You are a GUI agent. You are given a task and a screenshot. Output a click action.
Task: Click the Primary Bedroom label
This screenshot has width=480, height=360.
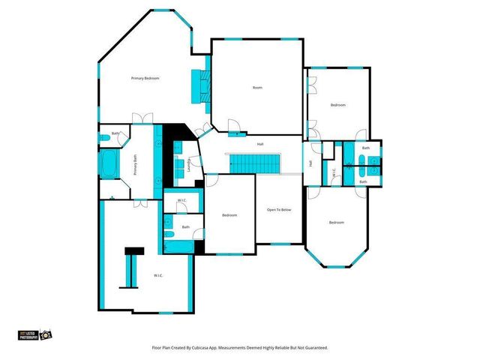click(145, 78)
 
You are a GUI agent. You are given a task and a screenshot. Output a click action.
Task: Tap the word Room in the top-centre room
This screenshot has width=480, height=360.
click(257, 88)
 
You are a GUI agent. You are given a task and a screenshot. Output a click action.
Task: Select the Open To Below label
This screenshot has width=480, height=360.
click(279, 209)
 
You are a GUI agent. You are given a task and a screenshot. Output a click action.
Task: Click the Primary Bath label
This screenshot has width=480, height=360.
click(135, 165)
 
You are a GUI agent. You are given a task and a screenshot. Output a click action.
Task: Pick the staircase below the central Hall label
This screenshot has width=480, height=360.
click(253, 163)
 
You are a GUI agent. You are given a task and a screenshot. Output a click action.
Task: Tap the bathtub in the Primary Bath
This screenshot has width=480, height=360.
click(107, 163)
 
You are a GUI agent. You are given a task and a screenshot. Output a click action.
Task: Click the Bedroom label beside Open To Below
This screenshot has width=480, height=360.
click(229, 215)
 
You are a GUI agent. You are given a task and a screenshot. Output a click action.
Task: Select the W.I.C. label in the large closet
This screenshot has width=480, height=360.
click(158, 275)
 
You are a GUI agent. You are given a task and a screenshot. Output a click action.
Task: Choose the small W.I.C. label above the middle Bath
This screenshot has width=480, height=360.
click(182, 201)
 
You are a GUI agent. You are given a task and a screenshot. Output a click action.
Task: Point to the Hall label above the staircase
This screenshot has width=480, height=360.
click(260, 144)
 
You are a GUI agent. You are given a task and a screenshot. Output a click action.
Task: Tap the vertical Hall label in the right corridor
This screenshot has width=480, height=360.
click(310, 163)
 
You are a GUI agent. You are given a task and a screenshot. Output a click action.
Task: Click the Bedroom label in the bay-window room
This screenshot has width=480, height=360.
click(336, 222)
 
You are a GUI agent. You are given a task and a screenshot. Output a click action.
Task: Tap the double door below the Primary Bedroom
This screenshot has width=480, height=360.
click(138, 117)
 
